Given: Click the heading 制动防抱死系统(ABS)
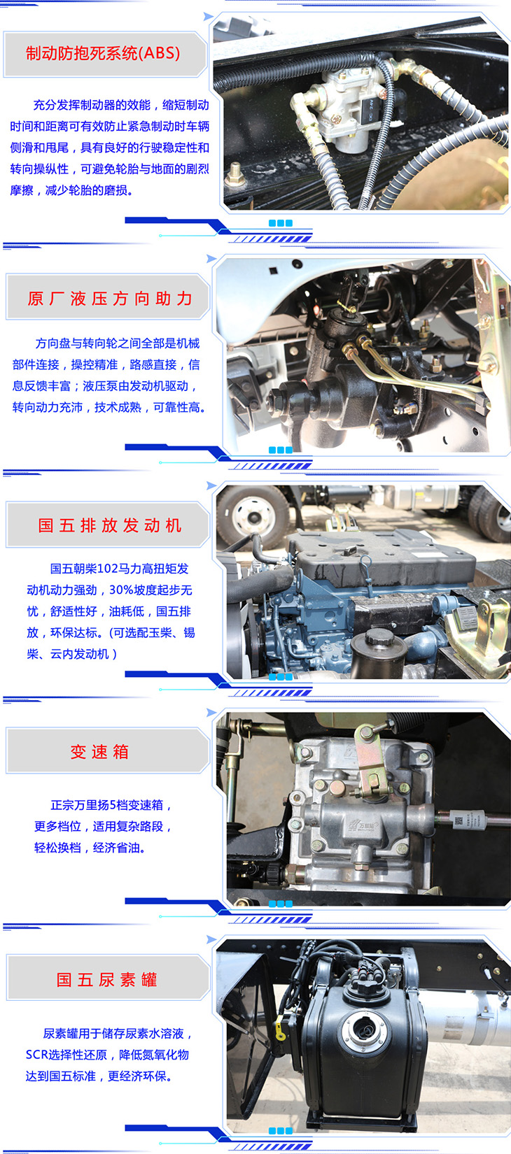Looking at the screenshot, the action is coord(103,53).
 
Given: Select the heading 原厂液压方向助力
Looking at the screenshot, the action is coord(110,298).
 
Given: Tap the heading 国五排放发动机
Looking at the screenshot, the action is coord(110,525).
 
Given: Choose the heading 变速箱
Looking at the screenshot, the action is coord(99,752).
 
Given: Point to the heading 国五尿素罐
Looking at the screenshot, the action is coord(106,979).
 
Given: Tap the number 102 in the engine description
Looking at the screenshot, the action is coord(107,569).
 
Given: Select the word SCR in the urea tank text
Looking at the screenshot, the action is coord(36,1055).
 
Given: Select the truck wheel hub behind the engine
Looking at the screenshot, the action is coord(253,516).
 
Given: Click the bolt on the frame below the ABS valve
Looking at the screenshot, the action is coord(236,173).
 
